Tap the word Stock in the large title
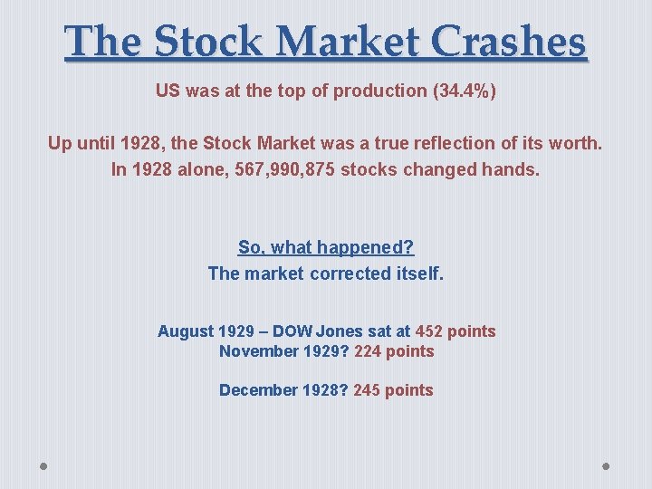tap(211, 42)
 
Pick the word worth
tap(577, 144)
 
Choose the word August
tap(186, 331)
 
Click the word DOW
tap(292, 331)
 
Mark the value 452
tap(428, 331)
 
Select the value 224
tap(368, 351)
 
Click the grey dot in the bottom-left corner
tap(44, 466)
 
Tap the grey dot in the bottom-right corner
tap(607, 466)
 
